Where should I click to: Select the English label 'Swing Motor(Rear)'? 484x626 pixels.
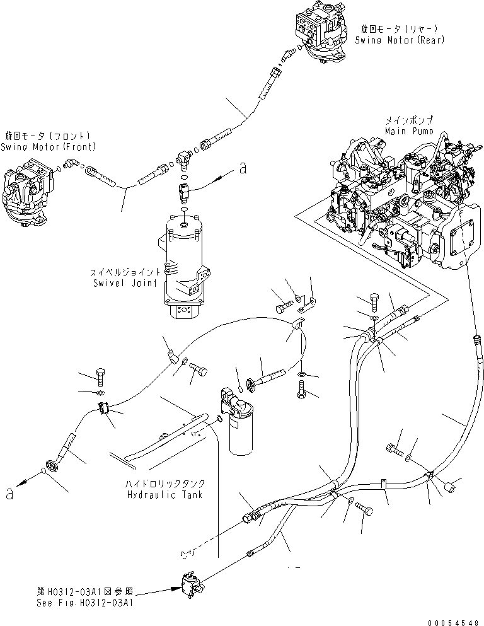click(x=400, y=40)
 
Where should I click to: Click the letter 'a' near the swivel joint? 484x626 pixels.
click(x=242, y=168)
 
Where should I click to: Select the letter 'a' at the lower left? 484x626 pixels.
click(x=9, y=494)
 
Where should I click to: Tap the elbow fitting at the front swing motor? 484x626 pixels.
click(x=73, y=165)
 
